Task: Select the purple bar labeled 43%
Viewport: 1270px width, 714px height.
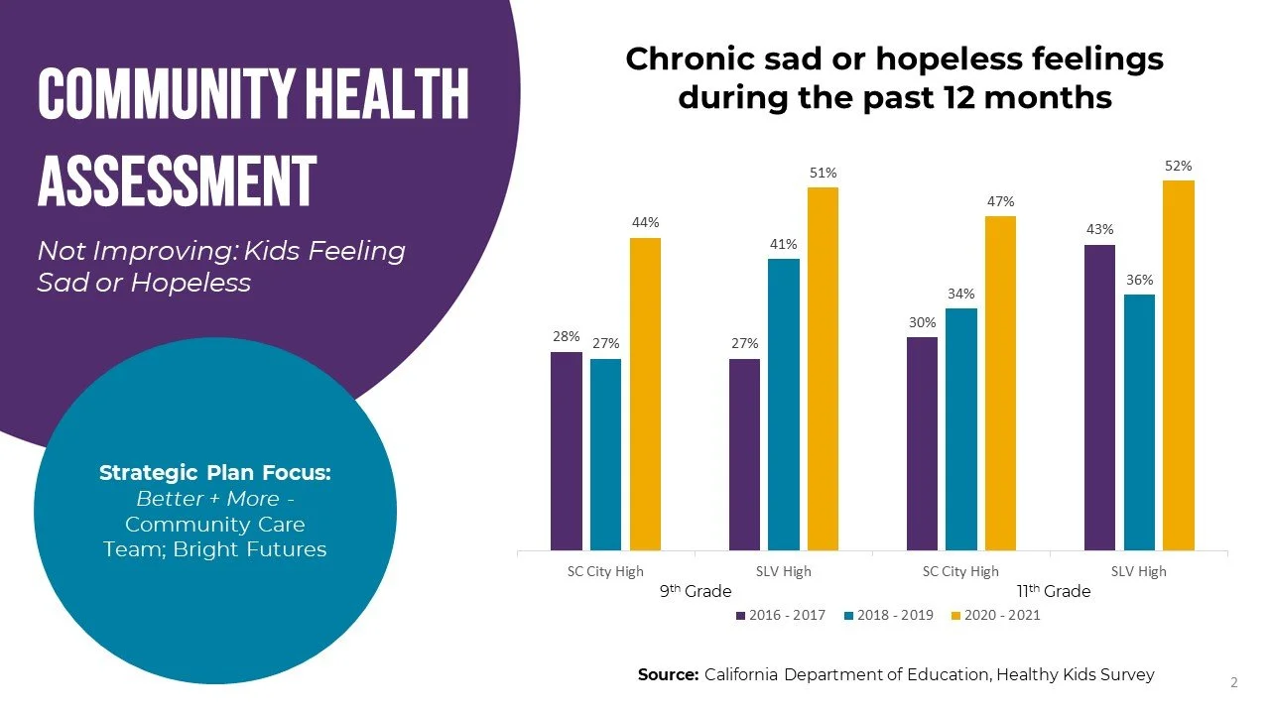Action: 1099,397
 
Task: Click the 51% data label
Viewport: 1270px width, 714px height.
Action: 823,174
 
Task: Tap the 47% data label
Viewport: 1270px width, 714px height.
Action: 1000,202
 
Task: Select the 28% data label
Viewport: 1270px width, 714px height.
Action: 567,337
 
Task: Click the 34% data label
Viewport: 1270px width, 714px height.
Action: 960,295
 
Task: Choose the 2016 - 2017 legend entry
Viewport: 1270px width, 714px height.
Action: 781,616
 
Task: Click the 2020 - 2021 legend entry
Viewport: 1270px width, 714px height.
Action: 996,616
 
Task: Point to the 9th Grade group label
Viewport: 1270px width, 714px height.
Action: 696,591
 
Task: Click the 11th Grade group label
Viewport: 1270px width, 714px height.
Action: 1054,591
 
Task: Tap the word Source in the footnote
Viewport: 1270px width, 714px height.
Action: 668,674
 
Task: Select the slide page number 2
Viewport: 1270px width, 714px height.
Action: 1234,682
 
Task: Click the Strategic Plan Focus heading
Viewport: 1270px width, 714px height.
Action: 215,473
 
